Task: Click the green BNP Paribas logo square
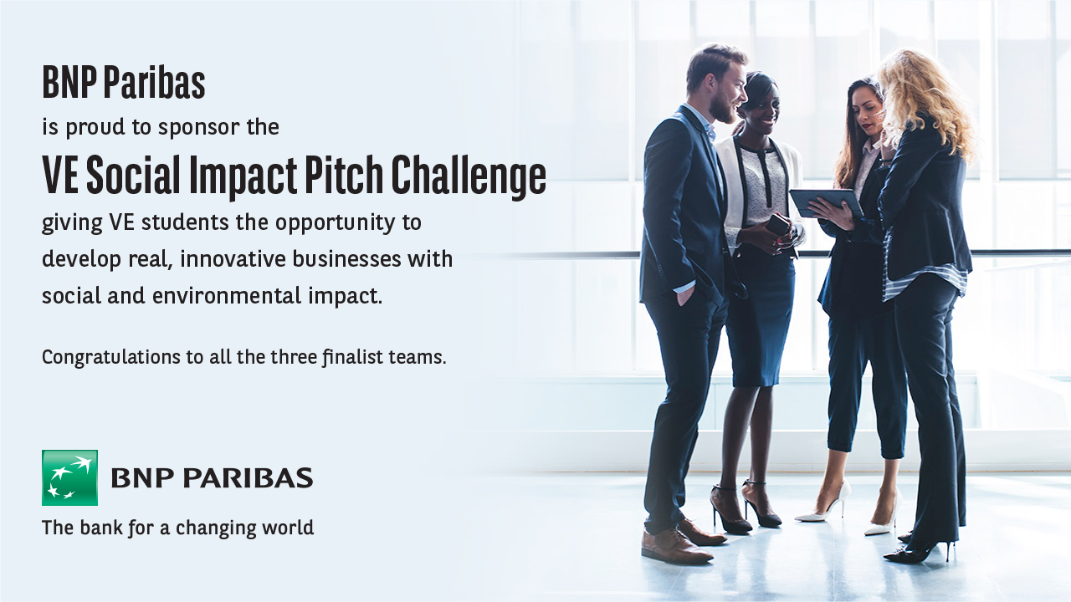pos(69,477)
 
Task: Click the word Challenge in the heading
pos(469,176)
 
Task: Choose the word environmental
pos(227,296)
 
